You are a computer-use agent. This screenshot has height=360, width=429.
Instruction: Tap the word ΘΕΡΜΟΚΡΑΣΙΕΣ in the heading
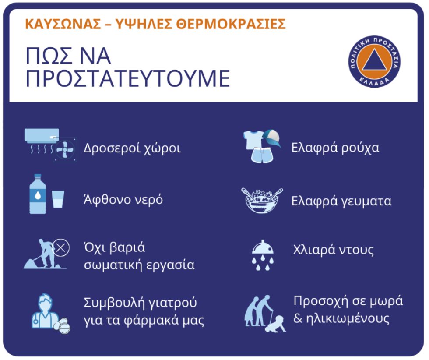click(x=231, y=24)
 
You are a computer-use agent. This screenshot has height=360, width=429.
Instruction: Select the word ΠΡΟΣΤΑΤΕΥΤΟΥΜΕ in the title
click(x=128, y=79)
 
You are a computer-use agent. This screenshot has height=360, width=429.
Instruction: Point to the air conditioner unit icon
click(x=42, y=136)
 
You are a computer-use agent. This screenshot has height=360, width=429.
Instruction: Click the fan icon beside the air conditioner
click(x=65, y=150)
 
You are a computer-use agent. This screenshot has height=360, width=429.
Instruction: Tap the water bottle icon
click(x=38, y=194)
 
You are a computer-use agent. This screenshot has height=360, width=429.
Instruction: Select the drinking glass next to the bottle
click(x=58, y=199)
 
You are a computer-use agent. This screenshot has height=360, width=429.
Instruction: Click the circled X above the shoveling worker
click(x=61, y=248)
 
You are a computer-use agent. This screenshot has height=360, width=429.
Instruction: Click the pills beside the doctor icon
click(x=62, y=325)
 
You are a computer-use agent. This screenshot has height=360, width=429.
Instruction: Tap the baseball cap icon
click(x=271, y=138)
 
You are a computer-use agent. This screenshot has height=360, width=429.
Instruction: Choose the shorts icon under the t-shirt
click(x=262, y=155)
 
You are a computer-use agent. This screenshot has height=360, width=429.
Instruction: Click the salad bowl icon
click(x=262, y=200)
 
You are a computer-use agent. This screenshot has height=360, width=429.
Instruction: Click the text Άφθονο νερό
click(x=123, y=199)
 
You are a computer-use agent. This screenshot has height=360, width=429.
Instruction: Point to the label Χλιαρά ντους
click(x=333, y=250)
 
